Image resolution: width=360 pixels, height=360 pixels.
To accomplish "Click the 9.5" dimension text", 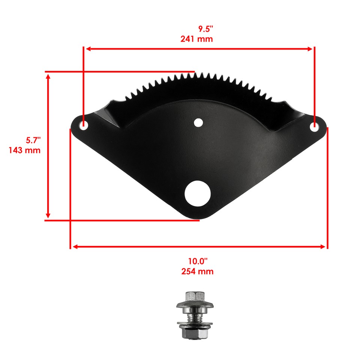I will click(x=205, y=29).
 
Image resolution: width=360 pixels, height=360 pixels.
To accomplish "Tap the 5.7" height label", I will click(x=33, y=141).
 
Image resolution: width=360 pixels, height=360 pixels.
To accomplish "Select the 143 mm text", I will click(x=24, y=150).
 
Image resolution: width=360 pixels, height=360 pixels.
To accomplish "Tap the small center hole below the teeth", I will click(x=198, y=122).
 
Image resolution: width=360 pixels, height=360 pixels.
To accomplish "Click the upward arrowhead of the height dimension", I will click(x=48, y=76).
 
